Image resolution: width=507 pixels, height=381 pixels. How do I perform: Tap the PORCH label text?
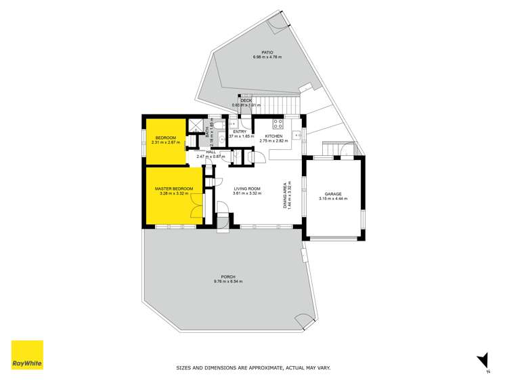pyautogui.click(x=227, y=276)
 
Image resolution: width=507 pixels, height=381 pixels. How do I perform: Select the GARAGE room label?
pyautogui.click(x=332, y=193)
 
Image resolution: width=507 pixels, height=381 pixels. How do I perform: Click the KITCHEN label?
pyautogui.click(x=274, y=136)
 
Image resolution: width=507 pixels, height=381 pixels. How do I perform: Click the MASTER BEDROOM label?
pyautogui.click(x=174, y=188)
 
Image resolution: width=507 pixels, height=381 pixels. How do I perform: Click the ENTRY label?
pyautogui.click(x=240, y=132)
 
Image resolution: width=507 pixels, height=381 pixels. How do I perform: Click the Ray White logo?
pyautogui.click(x=27, y=355)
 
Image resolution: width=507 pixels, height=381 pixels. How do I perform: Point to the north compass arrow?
pyautogui.click(x=481, y=360)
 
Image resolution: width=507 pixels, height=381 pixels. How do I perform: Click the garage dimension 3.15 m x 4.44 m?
pyautogui.click(x=332, y=199)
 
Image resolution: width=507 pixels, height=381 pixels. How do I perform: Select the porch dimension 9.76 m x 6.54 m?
pyautogui.click(x=227, y=281)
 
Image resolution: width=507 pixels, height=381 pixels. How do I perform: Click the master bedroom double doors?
pyautogui.click(x=195, y=204)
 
